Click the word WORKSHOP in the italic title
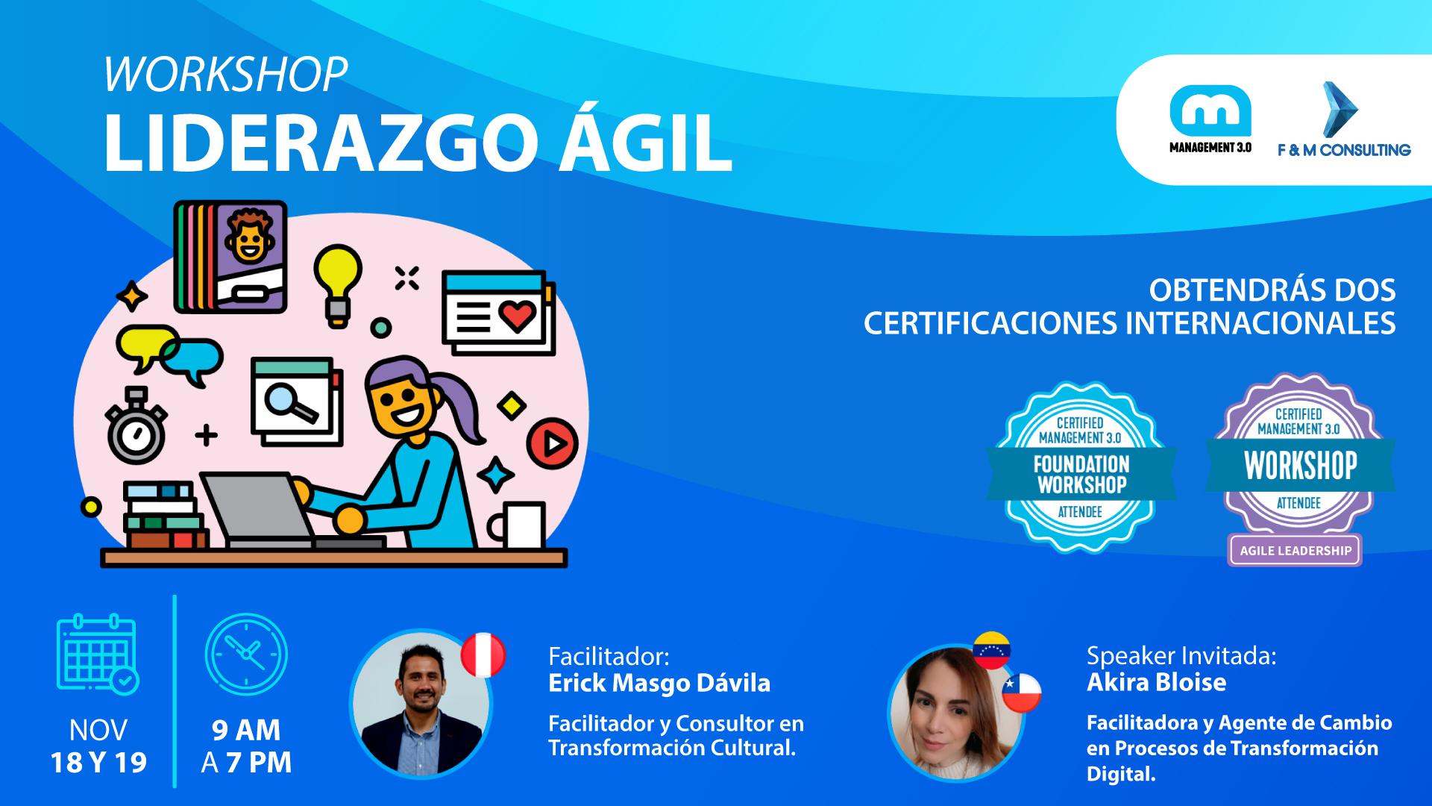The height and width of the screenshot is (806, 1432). pos(225,75)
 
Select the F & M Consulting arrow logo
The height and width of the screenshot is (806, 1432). pos(1343,119)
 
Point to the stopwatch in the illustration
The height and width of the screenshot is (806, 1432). pos(136,426)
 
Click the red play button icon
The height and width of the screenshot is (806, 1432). pos(553,443)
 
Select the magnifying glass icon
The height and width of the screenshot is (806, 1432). pos(291,403)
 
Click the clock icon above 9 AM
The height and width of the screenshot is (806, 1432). pos(246,655)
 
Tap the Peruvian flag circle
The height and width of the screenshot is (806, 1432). pos(483,655)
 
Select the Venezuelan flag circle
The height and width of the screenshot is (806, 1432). pos(991,650)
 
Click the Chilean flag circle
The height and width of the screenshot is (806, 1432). pos(1021,693)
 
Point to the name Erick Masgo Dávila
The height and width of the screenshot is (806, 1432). pos(659,683)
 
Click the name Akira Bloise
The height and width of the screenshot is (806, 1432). pos(1156,682)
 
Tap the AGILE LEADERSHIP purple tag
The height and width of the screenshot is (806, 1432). pos(1296,551)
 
